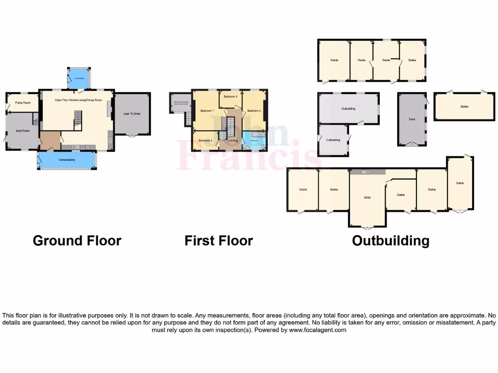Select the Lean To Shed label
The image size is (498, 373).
[132, 114]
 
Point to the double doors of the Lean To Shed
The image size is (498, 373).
[131, 136]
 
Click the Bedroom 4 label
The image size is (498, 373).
[230, 97]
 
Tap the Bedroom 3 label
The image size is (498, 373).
[205, 140]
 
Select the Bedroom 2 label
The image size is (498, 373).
[254, 111]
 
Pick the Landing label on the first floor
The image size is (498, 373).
[233, 140]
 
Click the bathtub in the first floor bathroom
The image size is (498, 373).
[256, 134]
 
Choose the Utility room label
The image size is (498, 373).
[368, 198]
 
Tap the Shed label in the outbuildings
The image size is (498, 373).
[412, 119]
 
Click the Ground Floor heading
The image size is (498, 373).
[77, 240]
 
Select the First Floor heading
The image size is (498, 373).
[219, 240]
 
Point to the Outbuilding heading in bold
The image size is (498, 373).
[391, 240]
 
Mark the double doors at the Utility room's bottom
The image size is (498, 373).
[368, 227]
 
